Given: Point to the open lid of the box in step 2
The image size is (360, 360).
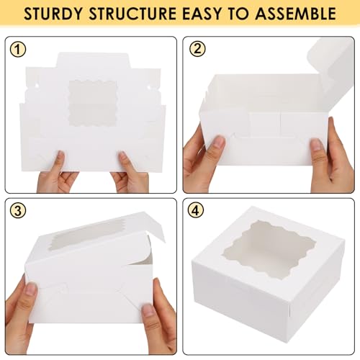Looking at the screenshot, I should pos(333,68).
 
